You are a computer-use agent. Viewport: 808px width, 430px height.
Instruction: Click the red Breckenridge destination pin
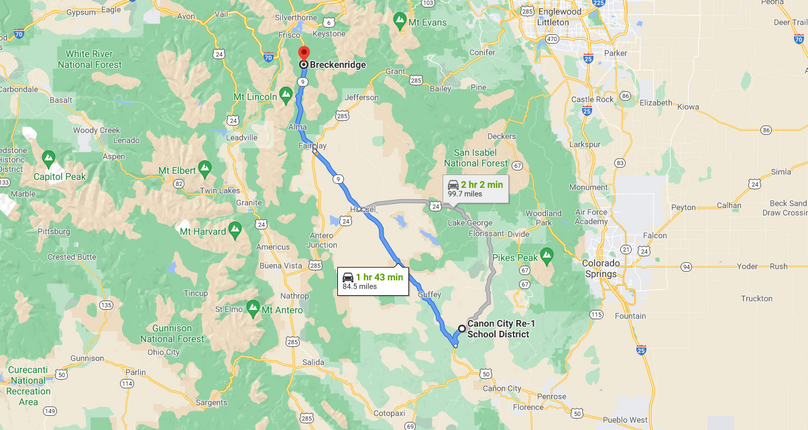pyautogui.click(x=303, y=51)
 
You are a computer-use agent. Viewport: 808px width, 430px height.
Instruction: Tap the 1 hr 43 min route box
pyautogui.click(x=372, y=281)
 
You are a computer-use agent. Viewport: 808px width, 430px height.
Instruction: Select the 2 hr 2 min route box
pyautogui.click(x=475, y=188)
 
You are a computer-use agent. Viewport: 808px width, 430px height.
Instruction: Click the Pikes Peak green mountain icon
pyautogui.click(x=546, y=254)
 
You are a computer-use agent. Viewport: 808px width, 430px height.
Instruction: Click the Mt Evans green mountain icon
pyautogui.click(x=400, y=19)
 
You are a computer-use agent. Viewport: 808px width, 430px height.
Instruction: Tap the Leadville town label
pyautogui.click(x=242, y=137)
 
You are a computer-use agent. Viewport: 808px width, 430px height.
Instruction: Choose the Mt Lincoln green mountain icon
pyautogui.click(x=286, y=94)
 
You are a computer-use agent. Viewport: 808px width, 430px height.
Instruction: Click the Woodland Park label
pyautogui.click(x=543, y=213)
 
